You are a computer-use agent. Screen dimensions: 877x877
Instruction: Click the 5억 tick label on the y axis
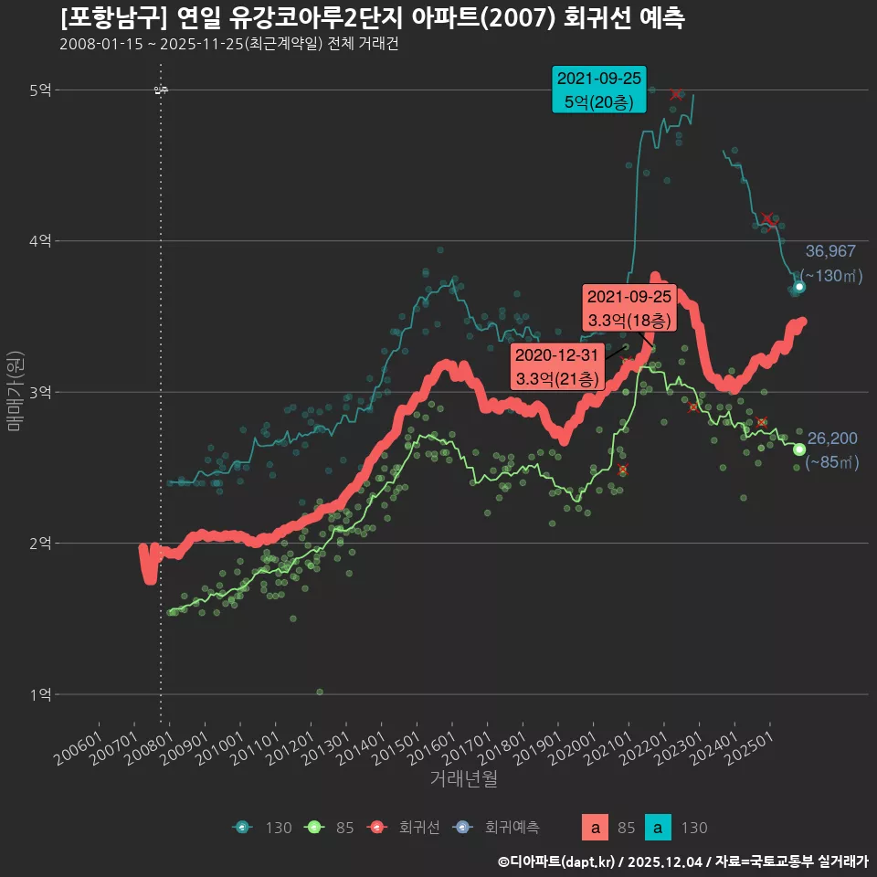[x=40, y=90]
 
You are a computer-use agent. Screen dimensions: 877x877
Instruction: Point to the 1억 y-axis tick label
[x=40, y=694]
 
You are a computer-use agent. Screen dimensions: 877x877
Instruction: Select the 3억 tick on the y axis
[x=40, y=392]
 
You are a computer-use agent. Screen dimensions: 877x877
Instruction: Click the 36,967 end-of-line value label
[x=830, y=252]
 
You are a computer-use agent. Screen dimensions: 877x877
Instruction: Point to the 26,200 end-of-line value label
[x=832, y=438]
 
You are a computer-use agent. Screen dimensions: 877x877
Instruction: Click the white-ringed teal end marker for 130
[x=799, y=287]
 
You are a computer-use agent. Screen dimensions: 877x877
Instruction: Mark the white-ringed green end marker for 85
[x=799, y=449]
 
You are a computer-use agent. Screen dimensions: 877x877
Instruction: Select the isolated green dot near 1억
[x=320, y=692]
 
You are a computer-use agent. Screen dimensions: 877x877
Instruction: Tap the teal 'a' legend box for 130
[x=658, y=828]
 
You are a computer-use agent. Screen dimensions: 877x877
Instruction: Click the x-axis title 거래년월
[x=463, y=779]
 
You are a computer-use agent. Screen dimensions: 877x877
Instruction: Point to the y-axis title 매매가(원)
[x=16, y=390]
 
